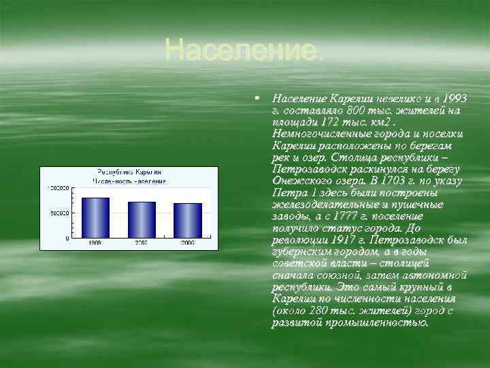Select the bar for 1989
95,217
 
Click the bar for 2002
142,219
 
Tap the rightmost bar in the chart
188,220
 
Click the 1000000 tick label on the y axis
58,187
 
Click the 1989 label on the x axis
95,243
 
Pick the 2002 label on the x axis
142,243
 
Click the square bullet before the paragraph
257,99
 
